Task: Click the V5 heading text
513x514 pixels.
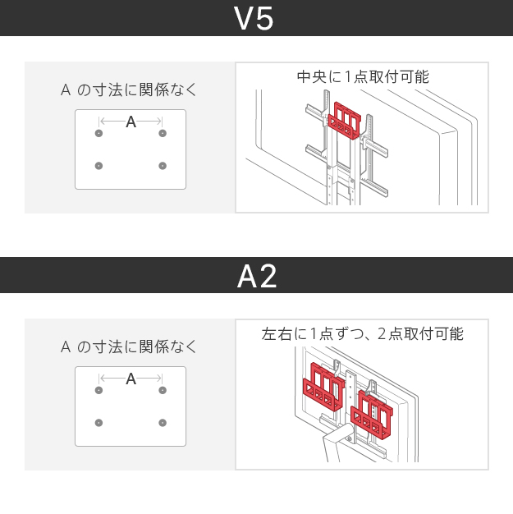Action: pos(254,19)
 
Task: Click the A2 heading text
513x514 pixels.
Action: pos(256,277)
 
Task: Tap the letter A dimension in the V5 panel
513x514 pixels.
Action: pos(131,122)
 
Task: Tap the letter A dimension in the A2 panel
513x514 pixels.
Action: pos(131,379)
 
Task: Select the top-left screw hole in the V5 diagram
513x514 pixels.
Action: pos(99,133)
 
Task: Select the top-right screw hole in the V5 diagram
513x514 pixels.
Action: pos(163,133)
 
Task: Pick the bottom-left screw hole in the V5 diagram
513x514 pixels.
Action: pos(99,166)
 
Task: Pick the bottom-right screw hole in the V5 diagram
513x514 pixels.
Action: pos(163,166)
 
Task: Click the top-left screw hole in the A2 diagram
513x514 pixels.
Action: pos(99,390)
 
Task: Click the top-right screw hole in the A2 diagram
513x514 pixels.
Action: pos(163,390)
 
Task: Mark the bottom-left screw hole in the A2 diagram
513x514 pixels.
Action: pos(99,423)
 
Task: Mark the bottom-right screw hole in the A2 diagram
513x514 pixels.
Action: pos(163,423)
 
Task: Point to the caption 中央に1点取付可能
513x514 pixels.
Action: pos(363,77)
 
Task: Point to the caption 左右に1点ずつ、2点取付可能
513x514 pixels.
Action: pos(362,334)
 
